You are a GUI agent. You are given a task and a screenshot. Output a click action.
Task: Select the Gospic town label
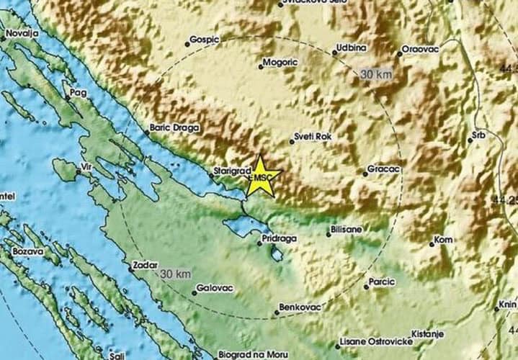(205, 41)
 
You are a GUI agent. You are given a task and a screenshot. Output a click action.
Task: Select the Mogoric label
(280, 63)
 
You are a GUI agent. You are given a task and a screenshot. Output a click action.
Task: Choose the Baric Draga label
(173, 127)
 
